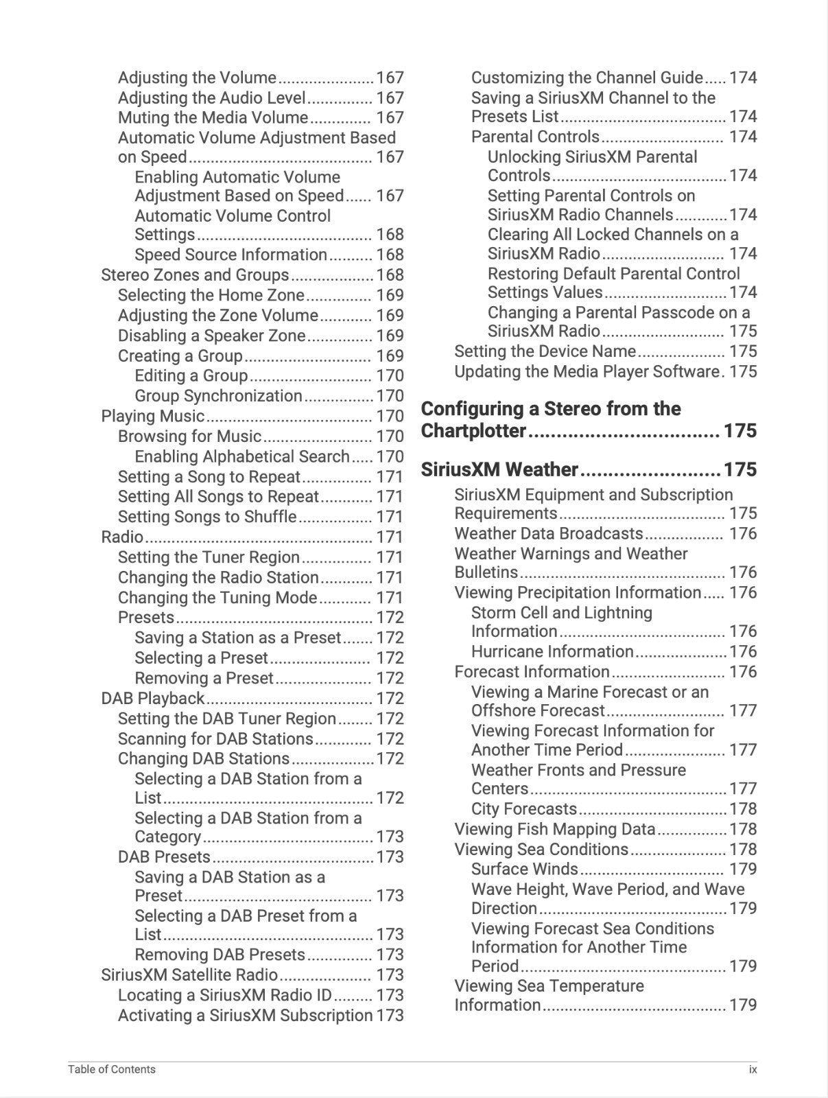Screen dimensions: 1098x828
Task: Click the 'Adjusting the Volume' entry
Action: click(197, 78)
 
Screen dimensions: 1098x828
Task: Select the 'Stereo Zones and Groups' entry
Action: click(195, 275)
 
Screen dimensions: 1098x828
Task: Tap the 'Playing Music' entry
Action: click(152, 417)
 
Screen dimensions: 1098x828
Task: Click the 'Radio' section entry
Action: click(122, 537)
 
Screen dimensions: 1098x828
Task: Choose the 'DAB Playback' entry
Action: click(152, 699)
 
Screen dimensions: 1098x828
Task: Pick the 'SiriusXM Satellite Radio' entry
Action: click(189, 975)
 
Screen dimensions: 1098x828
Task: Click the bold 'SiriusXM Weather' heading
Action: click(499, 470)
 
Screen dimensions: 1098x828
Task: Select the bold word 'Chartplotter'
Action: click(473, 432)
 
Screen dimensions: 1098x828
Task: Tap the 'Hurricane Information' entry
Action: click(552, 652)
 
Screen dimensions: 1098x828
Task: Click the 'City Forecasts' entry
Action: click(524, 810)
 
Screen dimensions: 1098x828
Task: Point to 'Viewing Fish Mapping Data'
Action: click(555, 830)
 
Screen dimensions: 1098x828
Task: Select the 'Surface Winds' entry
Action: click(525, 869)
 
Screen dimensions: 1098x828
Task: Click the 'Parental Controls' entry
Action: click(535, 137)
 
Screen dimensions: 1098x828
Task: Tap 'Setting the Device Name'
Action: click(545, 351)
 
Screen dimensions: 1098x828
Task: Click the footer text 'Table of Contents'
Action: click(112, 1069)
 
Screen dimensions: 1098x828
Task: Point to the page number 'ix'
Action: click(753, 1069)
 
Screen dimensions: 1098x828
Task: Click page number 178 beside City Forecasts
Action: click(743, 810)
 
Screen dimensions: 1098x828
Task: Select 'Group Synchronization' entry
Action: click(218, 396)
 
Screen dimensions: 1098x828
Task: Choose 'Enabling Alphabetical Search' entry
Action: click(242, 457)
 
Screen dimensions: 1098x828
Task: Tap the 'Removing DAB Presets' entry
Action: click(220, 955)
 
